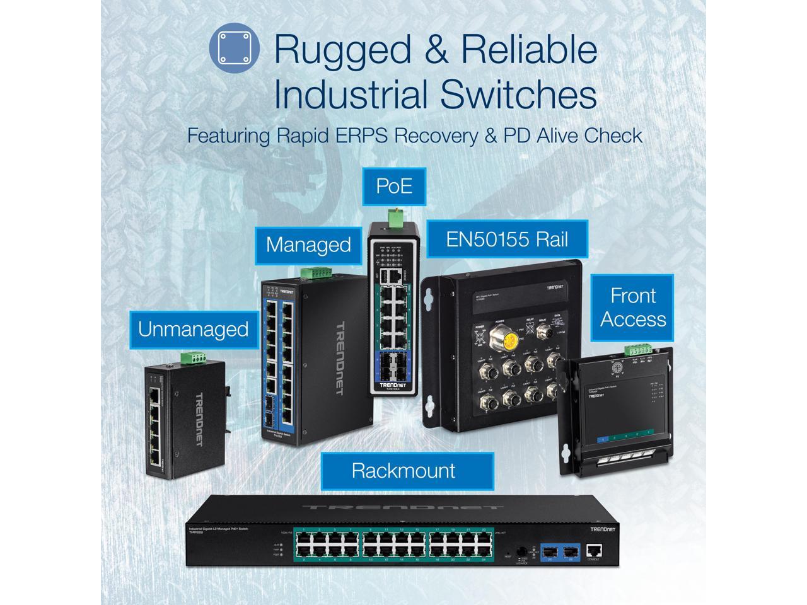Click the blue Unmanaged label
pos(193,329)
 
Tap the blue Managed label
pos(308,245)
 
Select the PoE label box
pos(394,185)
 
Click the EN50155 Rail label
pos(507,239)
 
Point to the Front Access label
pos(632,307)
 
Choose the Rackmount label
pos(403,470)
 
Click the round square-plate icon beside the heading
pos(234,47)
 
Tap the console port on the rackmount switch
pos(593,550)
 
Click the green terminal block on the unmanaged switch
pos(194,357)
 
